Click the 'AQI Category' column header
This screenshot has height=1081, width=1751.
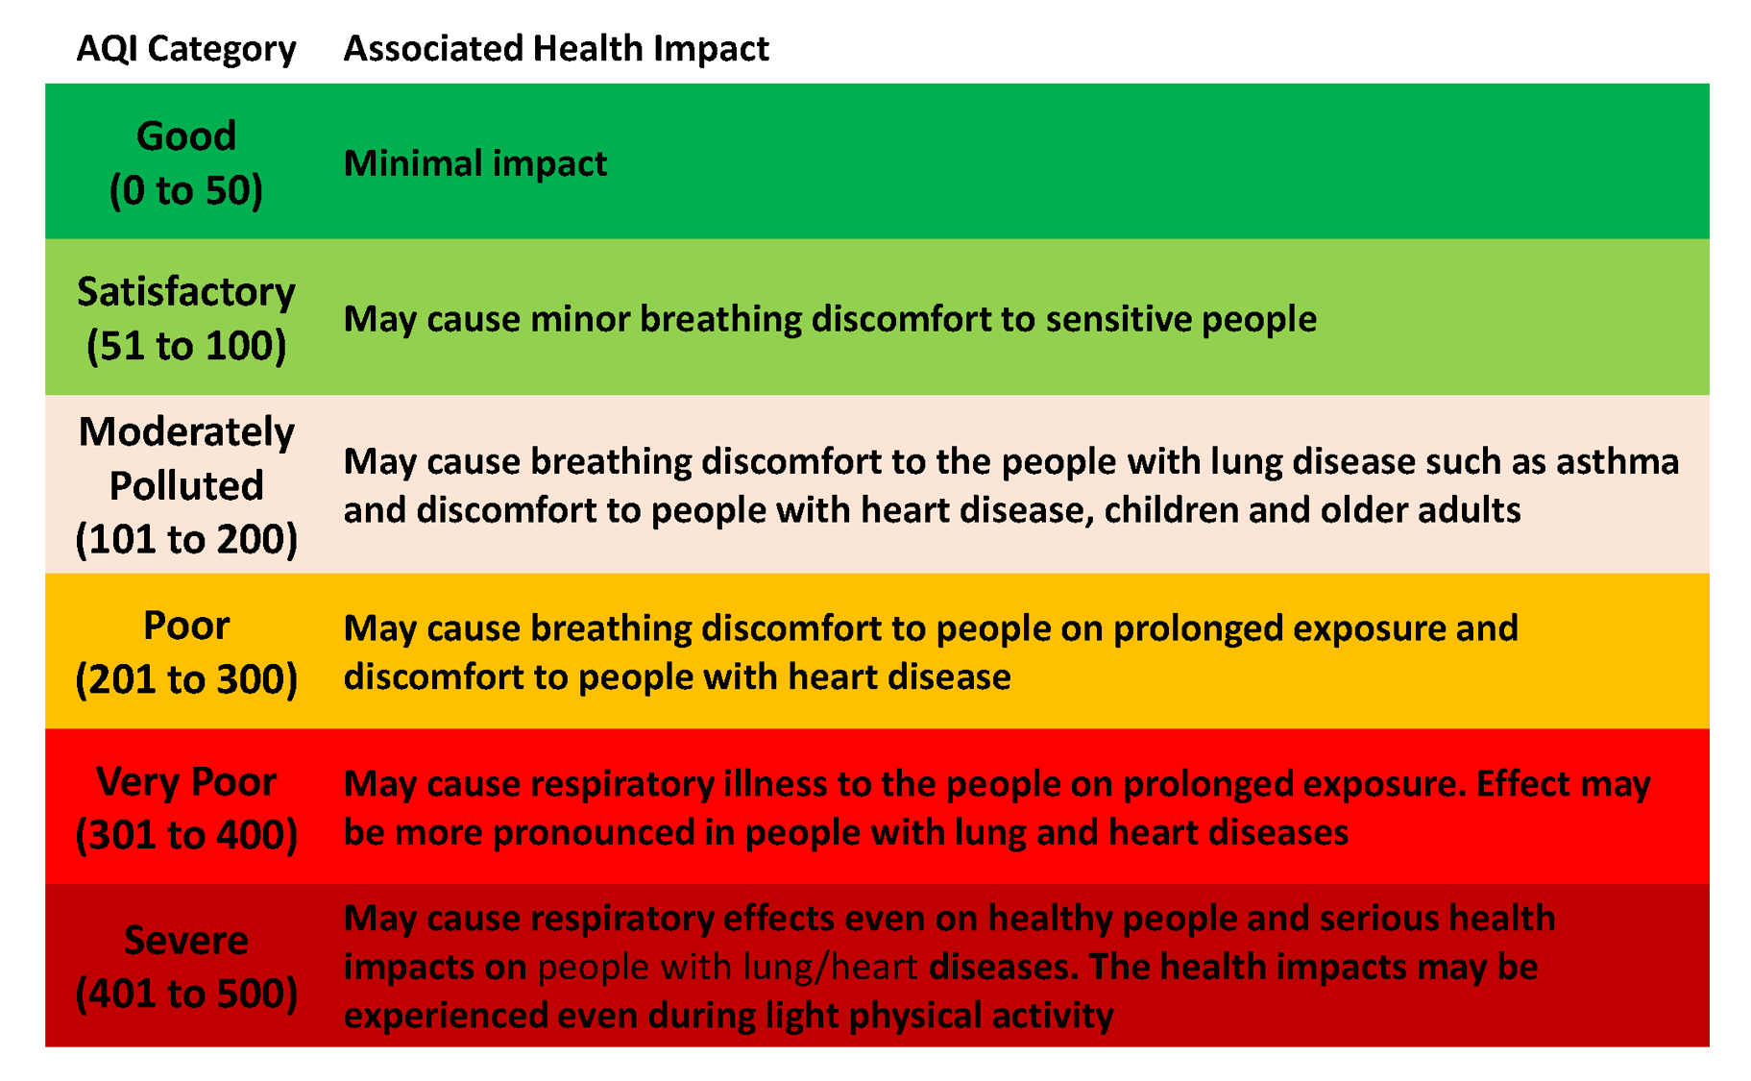tap(185, 48)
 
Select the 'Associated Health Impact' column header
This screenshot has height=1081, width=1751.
tap(556, 48)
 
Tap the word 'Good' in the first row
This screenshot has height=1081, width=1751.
tap(185, 135)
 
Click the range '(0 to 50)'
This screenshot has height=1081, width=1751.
tap(185, 190)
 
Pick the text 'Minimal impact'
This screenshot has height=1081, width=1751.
tap(474, 163)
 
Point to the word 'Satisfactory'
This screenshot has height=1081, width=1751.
tap(185, 291)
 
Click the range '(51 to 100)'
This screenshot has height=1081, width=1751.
tap(185, 346)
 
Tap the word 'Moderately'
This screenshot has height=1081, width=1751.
tap(185, 431)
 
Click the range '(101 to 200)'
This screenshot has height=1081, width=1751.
tap(185, 539)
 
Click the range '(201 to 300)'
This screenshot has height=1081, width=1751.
tap(185, 679)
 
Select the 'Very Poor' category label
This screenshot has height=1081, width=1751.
tap(185, 781)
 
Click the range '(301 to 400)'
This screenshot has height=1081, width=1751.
tap(185, 834)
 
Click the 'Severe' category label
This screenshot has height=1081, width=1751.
tap(185, 939)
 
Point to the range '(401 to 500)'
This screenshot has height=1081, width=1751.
tap(185, 993)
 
